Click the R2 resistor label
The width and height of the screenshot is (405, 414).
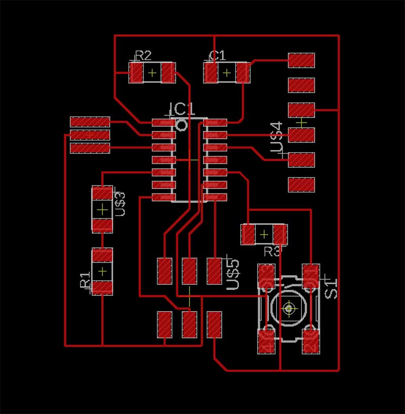(143, 55)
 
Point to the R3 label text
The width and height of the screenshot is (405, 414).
(272, 251)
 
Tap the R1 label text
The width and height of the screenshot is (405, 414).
(85, 279)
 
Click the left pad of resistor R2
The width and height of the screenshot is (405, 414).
(136, 73)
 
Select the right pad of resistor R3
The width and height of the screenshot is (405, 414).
(280, 235)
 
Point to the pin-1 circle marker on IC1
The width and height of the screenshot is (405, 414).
(181, 125)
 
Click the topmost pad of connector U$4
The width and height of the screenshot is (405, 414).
(301, 60)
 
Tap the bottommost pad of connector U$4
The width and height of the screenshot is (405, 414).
(301, 184)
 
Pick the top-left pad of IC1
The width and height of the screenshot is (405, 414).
(164, 123)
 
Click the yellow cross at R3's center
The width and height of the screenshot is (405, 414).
(264, 234)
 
